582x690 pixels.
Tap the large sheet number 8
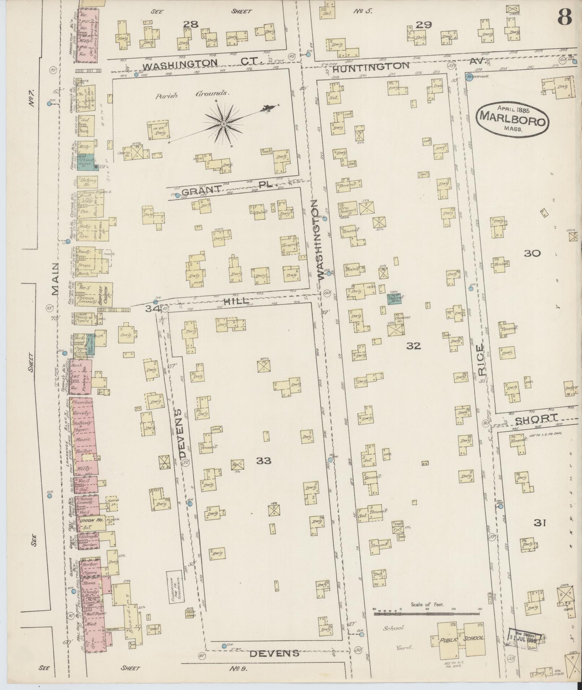pos(565,16)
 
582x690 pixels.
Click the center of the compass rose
pos(223,124)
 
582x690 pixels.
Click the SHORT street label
pos(536,419)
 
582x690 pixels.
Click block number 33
pos(263,460)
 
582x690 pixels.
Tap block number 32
pos(413,346)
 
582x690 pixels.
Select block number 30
pos(532,253)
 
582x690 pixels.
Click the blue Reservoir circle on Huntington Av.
pos(469,77)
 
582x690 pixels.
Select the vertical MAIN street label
pos(55,279)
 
